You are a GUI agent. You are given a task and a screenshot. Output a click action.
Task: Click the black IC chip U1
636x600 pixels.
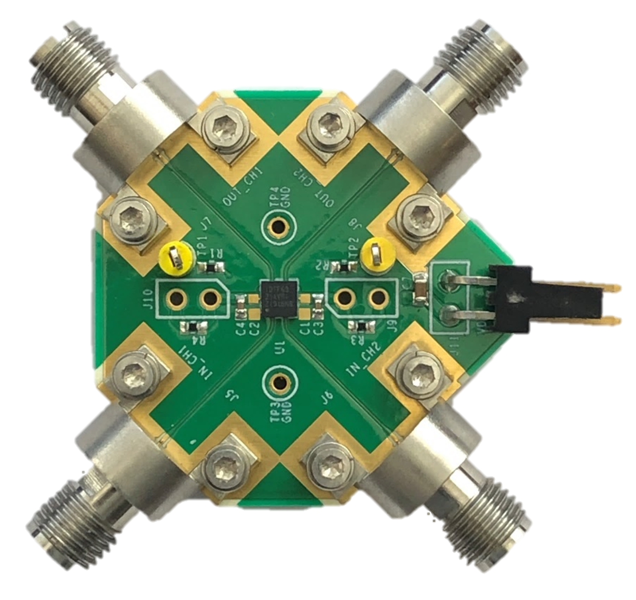click(278, 297)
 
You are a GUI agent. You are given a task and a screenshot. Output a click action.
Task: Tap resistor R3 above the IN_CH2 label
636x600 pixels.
click(358, 325)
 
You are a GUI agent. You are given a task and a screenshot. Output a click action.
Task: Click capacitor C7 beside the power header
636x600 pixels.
click(420, 288)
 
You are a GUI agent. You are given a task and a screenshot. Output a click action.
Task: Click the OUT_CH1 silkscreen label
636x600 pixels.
click(243, 187)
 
